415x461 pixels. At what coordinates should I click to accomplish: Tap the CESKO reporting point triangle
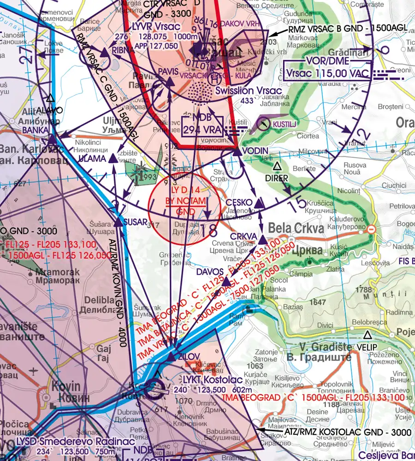[260, 202]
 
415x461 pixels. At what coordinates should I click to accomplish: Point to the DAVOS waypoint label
[209, 272]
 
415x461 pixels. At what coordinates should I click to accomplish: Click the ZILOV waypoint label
[188, 356]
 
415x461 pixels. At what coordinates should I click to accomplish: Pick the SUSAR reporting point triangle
[119, 222]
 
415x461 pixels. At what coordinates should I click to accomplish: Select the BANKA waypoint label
[35, 130]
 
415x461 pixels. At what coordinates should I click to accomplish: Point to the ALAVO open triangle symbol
[50, 98]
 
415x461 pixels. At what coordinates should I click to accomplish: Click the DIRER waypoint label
[277, 178]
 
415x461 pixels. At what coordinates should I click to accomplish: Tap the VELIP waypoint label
[367, 346]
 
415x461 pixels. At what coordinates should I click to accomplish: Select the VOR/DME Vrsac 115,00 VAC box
[327, 68]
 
